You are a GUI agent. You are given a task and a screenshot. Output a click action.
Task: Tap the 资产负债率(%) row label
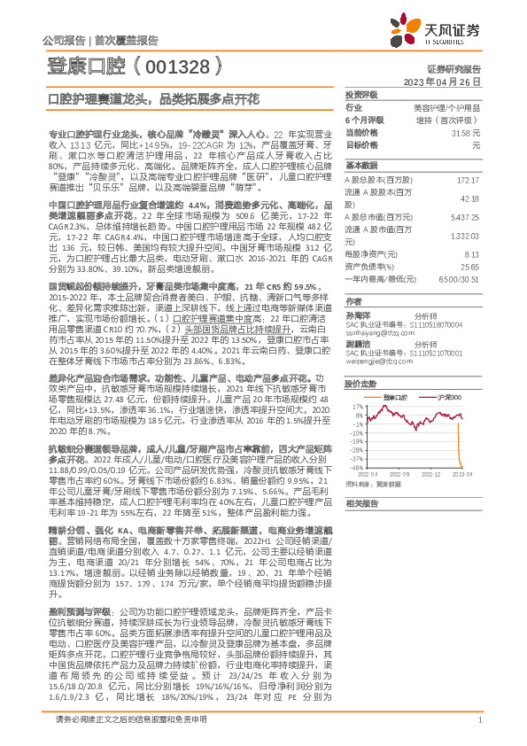[x=371, y=265]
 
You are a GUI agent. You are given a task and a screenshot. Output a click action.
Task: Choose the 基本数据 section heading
[x=360, y=166]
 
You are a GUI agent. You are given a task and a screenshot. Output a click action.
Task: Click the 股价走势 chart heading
[x=360, y=385]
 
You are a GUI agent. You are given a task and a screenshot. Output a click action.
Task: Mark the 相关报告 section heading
[x=360, y=526]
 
